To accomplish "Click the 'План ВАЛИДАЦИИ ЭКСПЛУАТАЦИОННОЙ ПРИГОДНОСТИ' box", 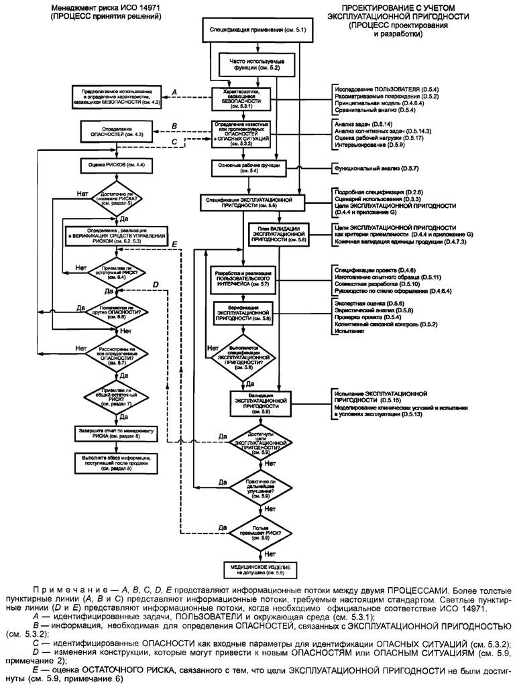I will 278,231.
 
